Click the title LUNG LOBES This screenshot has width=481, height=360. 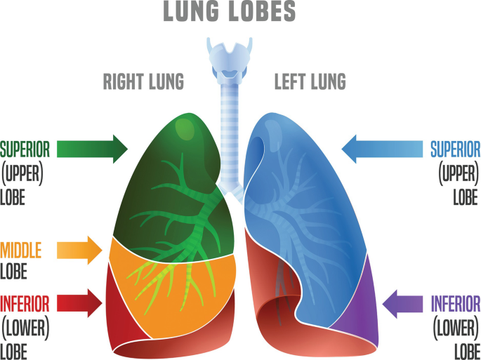pyautogui.click(x=230, y=12)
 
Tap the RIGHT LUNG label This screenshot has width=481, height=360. pyautogui.click(x=143, y=82)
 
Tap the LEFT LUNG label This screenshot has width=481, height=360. pyautogui.click(x=310, y=82)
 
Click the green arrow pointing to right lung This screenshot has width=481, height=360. pyautogui.click(x=92, y=149)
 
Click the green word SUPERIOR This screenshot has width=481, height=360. pyautogui.click(x=25, y=149)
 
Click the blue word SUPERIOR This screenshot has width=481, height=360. pyautogui.click(x=455, y=149)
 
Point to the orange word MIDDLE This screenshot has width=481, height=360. pyautogui.click(x=21, y=250)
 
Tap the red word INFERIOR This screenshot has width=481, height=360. pyautogui.click(x=25, y=304)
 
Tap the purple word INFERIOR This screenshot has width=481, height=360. pyautogui.click(x=456, y=304)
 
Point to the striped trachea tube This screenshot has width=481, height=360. pyautogui.click(x=230, y=126)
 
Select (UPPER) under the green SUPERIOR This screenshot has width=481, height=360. pyautogui.click(x=22, y=173)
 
